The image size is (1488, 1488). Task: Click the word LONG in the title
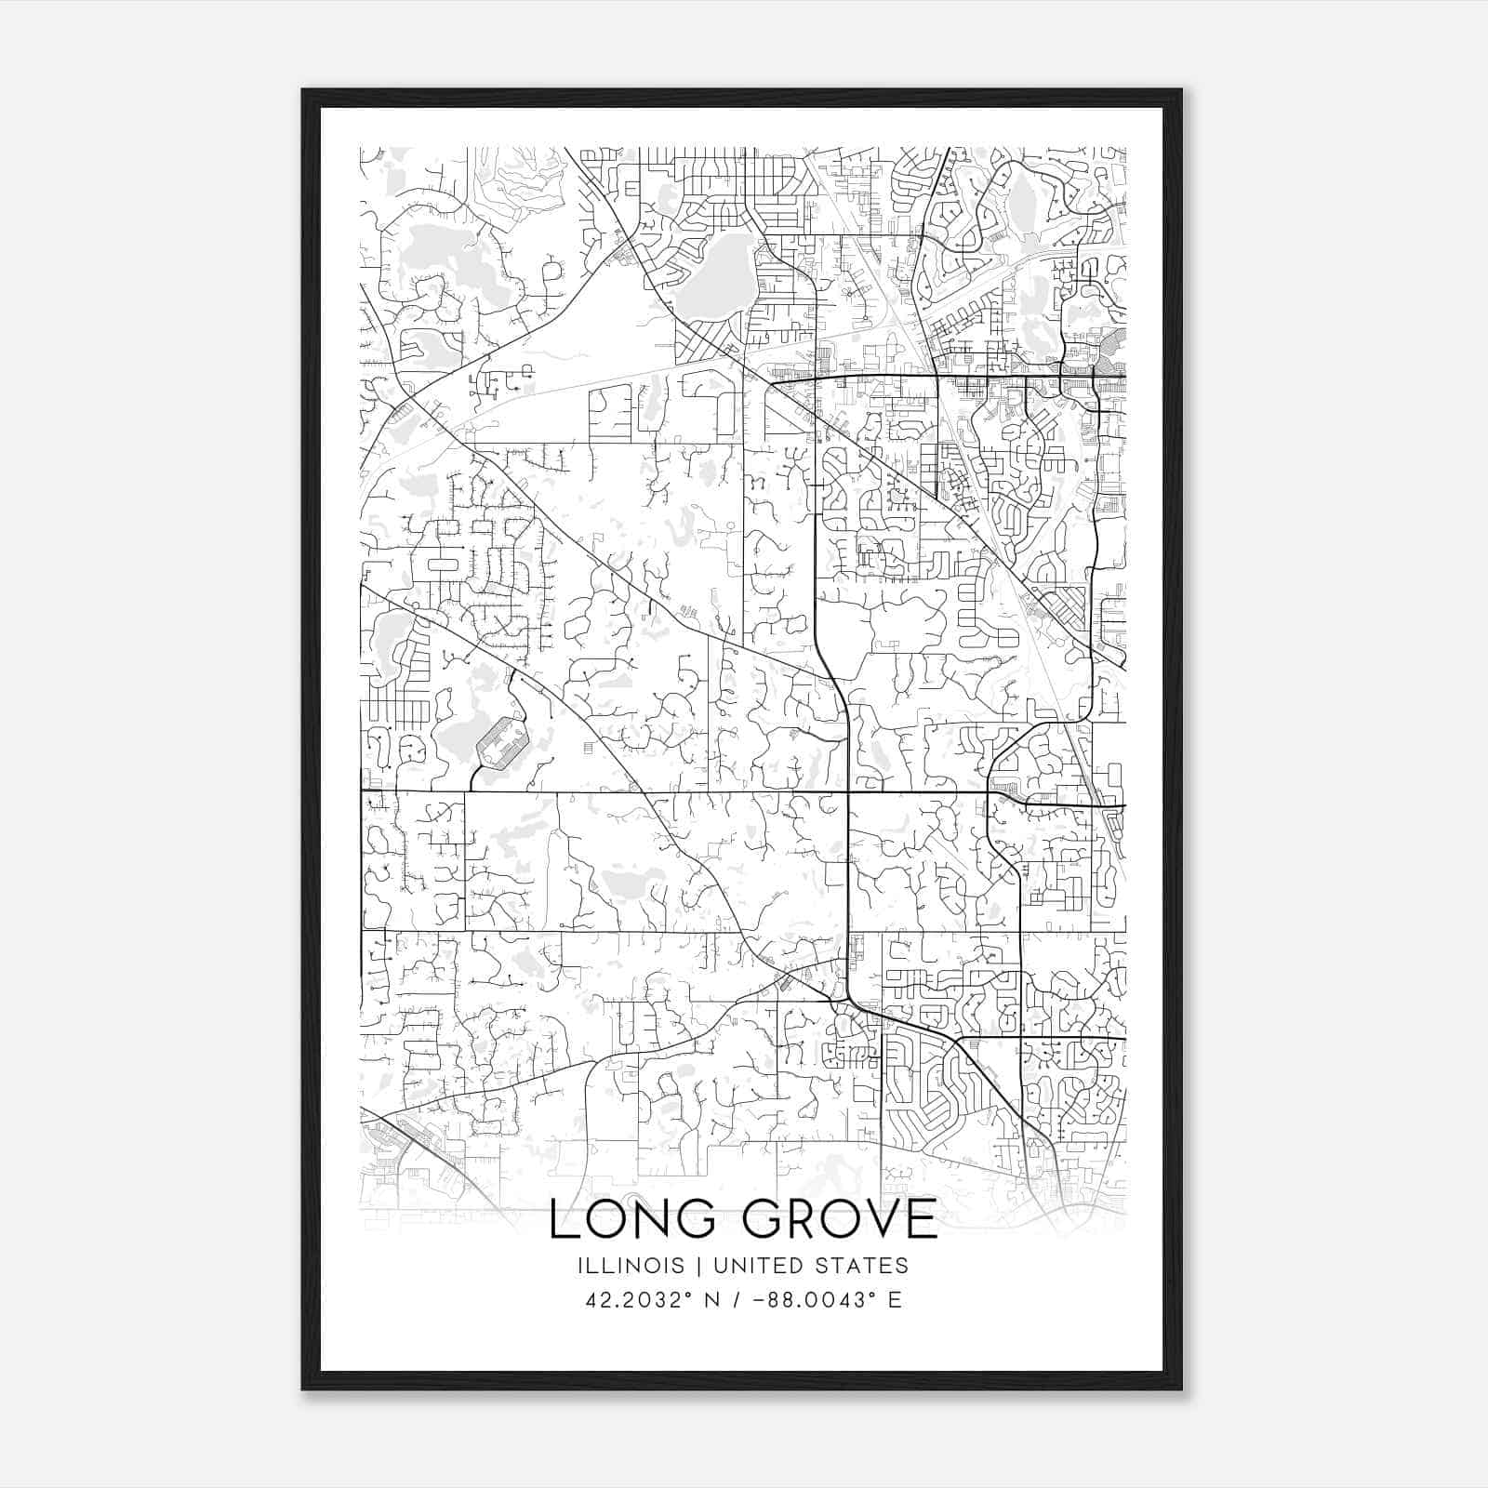[632, 1220]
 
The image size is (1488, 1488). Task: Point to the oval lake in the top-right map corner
[1023, 200]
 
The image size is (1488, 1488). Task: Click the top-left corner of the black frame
[304, 91]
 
